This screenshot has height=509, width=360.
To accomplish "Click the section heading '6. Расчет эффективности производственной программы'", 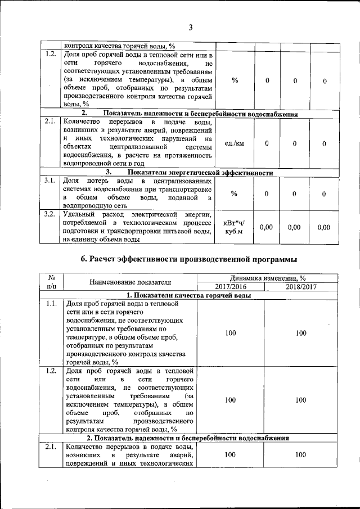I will tap(189, 259).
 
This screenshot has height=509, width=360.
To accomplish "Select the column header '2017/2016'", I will tap(230, 287).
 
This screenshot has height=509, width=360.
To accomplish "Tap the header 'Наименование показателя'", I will tap(130, 282).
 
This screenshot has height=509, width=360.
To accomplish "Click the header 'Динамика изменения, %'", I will tap(267, 278).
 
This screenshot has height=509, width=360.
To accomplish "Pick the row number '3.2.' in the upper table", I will tap(50, 214).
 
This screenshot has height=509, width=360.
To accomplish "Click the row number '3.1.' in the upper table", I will tap(50, 181).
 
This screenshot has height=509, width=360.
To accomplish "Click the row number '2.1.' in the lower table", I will tap(51, 447).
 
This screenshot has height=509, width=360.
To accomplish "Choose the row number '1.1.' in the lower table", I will tap(51, 304).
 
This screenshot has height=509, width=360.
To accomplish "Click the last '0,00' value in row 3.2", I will tap(323, 227).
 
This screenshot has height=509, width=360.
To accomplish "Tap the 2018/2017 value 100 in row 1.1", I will tap(300, 333).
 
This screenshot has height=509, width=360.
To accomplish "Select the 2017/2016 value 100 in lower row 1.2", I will tap(230, 400).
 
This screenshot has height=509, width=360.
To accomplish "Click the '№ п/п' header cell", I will tap(51, 282).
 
